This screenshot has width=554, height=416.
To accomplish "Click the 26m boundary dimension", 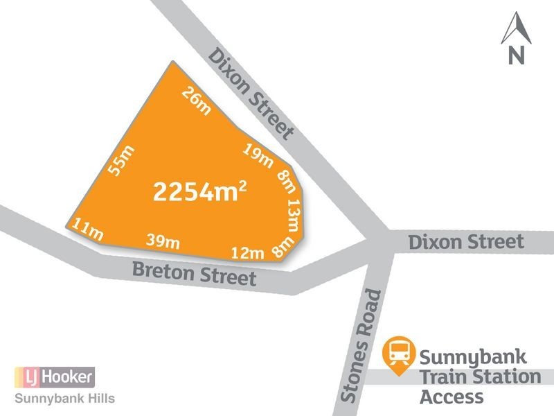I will coord(197,101).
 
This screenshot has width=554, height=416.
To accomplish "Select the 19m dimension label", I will coord(258,155).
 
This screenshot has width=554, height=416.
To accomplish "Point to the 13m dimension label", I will coord(294,214).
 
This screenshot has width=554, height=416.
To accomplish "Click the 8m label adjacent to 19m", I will coord(285,182).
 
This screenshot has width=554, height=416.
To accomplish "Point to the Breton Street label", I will coord(195,274).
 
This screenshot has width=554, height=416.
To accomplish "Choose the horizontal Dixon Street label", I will coord(465,242).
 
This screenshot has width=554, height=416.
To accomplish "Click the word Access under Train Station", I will coord(452,397).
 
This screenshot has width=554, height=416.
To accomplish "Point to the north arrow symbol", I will coord(515,38).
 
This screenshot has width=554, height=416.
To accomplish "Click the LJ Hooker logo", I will coord(54,378).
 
